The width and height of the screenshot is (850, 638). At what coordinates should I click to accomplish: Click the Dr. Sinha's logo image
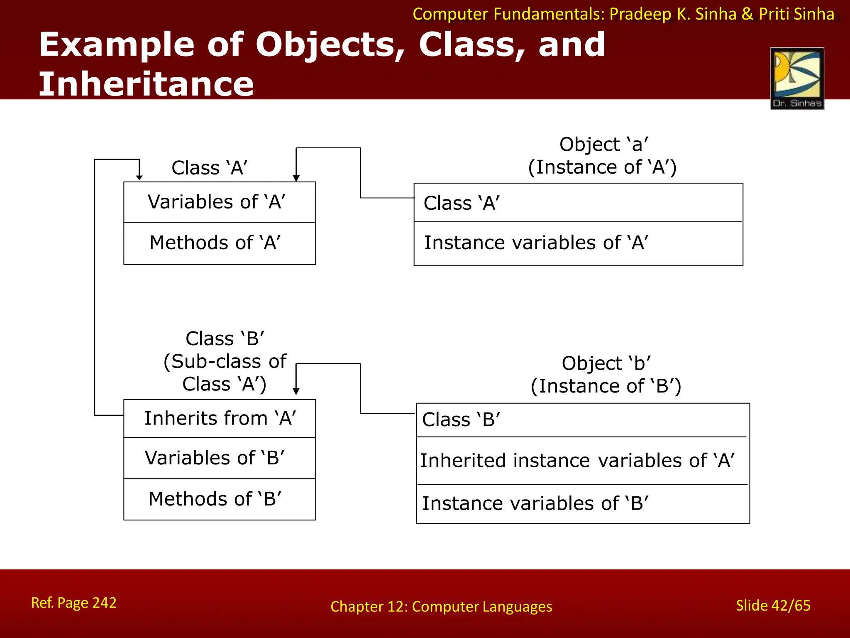(797, 78)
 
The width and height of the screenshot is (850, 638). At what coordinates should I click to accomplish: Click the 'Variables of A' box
(219, 202)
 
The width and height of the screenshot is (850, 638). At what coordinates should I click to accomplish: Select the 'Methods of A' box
(219, 243)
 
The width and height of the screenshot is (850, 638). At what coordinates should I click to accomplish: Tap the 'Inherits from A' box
(219, 418)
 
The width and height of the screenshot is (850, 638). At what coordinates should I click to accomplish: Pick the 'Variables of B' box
(219, 458)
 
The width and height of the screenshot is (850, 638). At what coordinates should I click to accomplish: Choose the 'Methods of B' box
(219, 499)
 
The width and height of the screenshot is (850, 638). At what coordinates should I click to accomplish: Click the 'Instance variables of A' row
(578, 243)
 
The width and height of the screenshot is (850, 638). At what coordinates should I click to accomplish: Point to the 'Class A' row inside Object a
(578, 203)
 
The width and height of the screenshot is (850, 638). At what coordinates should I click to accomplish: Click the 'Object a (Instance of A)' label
(603, 156)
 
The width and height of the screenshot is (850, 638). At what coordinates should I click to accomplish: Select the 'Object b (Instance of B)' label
(606, 375)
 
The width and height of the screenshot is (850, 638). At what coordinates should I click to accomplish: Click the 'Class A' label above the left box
(210, 168)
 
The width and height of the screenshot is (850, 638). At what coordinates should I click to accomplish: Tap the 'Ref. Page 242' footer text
(74, 603)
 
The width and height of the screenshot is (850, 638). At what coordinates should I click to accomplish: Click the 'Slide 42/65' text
(773, 606)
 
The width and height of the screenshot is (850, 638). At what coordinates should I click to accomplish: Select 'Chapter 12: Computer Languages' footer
(441, 607)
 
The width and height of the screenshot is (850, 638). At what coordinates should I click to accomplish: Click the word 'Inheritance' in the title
(146, 84)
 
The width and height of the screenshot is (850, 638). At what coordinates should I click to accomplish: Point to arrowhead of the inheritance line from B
(139, 177)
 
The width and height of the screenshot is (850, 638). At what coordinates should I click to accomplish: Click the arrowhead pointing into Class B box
(296, 391)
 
